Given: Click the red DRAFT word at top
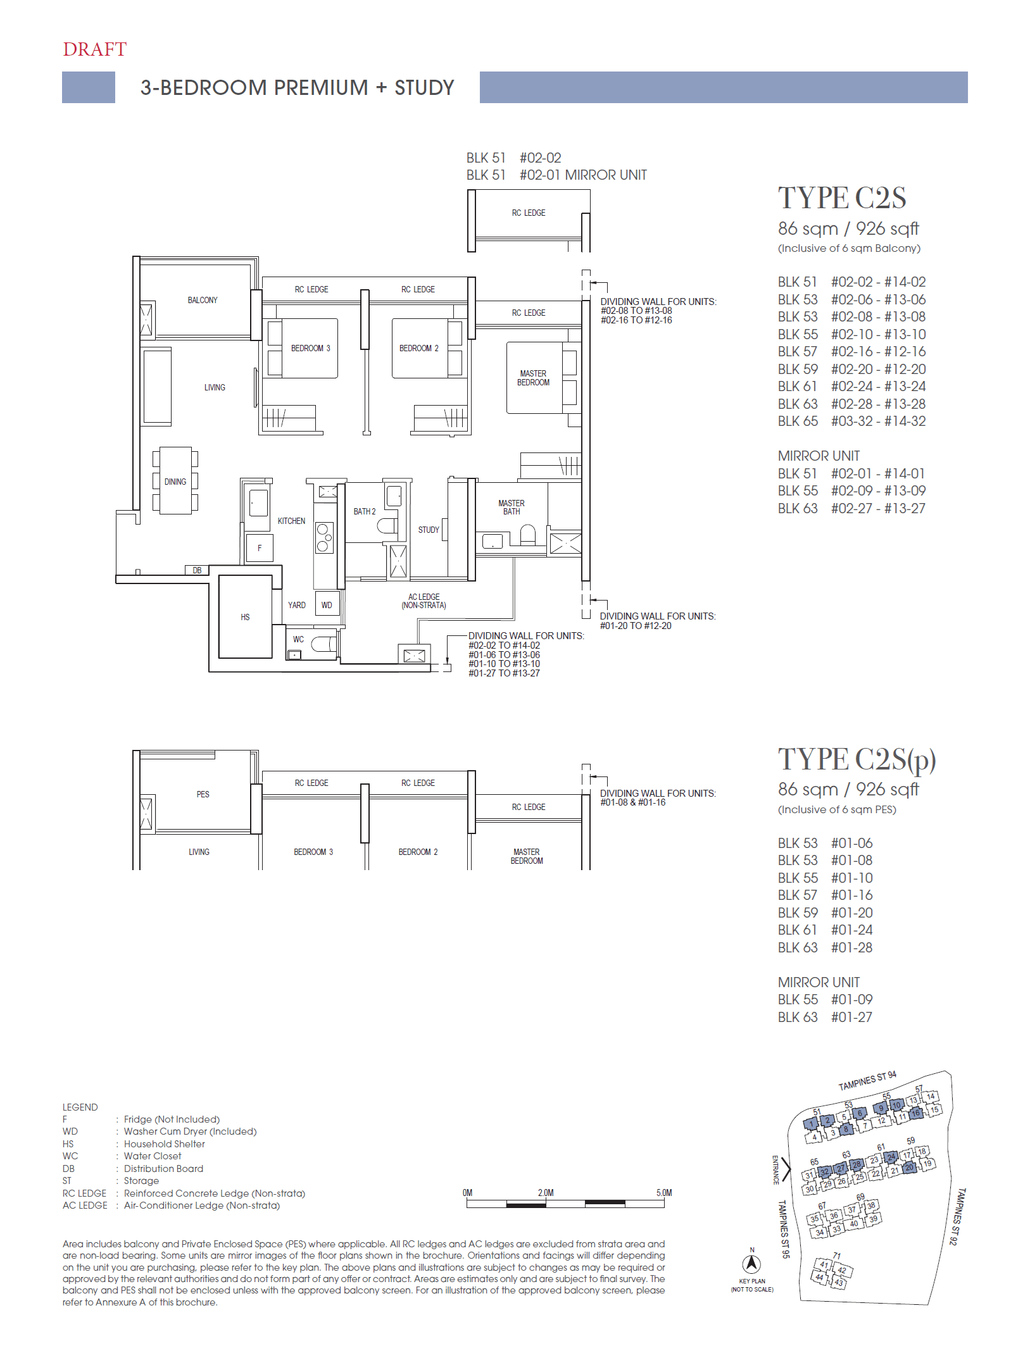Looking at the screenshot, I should point(95,49).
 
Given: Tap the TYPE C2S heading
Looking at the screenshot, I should point(841,198).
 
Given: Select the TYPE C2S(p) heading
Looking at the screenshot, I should point(856,759).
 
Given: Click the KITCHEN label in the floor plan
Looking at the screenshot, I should point(291,521).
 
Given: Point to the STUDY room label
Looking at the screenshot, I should point(429,530).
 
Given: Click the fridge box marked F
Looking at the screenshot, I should point(260,548).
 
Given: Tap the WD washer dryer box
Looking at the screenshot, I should point(327,605).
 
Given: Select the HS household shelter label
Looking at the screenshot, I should point(245,617).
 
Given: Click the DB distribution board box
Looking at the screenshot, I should point(197,570).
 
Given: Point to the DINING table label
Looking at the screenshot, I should point(175,482).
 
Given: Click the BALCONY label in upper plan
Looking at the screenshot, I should point(203,300).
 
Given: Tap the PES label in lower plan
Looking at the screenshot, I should point(203,794).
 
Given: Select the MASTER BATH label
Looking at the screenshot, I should point(511,507).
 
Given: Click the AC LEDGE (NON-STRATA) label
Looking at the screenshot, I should point(424,601).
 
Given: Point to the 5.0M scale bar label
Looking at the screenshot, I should point(664,1193).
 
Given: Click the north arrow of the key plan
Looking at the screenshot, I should point(751,1264).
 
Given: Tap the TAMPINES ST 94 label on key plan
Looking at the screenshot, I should point(867,1081).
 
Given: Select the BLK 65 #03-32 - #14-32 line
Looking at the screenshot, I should point(851,421).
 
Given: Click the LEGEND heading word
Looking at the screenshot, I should point(80,1107).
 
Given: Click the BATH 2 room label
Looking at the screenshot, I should point(365,511).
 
